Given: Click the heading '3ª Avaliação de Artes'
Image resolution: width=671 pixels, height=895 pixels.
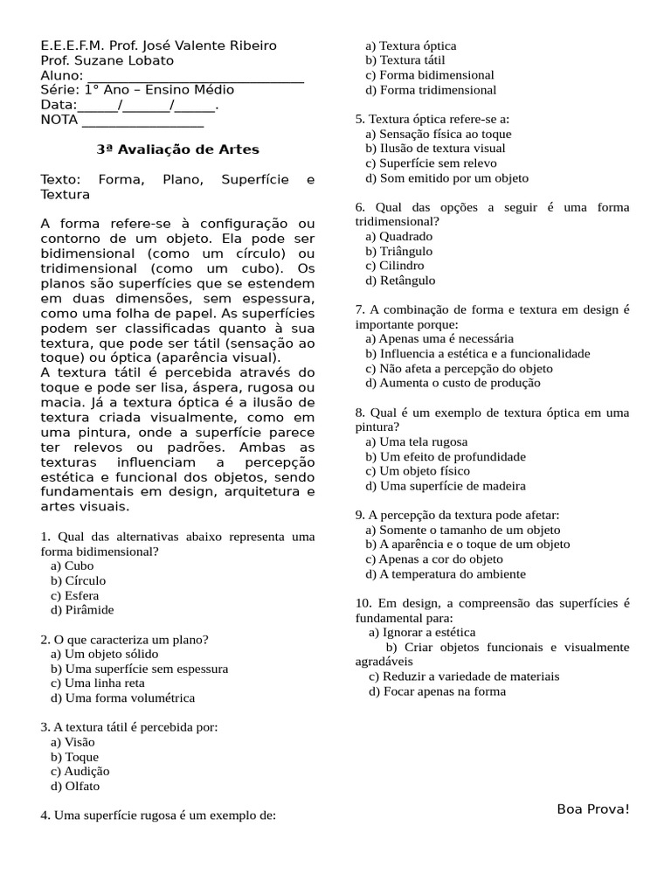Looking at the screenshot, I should click(x=177, y=149).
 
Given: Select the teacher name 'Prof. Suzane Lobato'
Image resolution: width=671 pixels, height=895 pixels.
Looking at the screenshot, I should click(x=107, y=60).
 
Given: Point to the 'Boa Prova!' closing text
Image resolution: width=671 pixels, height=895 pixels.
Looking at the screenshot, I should click(x=592, y=808).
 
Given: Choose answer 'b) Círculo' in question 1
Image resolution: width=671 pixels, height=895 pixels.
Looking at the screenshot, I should click(x=78, y=580).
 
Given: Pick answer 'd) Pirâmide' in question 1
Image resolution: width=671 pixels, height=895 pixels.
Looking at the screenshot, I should click(x=82, y=610).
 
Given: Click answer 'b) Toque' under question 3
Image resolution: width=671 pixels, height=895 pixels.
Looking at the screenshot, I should click(x=74, y=757).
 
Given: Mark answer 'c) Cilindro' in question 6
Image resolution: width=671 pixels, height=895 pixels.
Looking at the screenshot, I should click(x=395, y=266).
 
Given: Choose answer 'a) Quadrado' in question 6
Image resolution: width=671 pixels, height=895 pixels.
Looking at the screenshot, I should click(x=398, y=236).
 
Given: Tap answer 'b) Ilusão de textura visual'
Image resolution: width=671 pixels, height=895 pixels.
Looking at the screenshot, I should click(x=435, y=149).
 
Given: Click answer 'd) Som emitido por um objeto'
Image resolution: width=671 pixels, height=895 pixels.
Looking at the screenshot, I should click(x=446, y=178).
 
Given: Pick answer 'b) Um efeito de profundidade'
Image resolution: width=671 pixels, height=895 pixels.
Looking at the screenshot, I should click(x=446, y=456).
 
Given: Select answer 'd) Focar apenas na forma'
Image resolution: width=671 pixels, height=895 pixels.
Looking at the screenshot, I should click(x=437, y=691).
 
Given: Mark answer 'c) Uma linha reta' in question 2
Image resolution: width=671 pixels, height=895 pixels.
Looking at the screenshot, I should click(x=97, y=683).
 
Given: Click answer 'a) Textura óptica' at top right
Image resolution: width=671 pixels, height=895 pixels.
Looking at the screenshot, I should click(x=411, y=45).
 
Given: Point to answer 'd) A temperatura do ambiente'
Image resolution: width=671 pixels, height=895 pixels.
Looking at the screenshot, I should click(x=446, y=574).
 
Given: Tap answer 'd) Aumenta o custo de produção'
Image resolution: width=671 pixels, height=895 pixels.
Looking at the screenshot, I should click(x=453, y=383).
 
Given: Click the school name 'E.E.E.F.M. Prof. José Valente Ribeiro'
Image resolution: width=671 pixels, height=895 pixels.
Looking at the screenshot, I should click(x=159, y=45).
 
